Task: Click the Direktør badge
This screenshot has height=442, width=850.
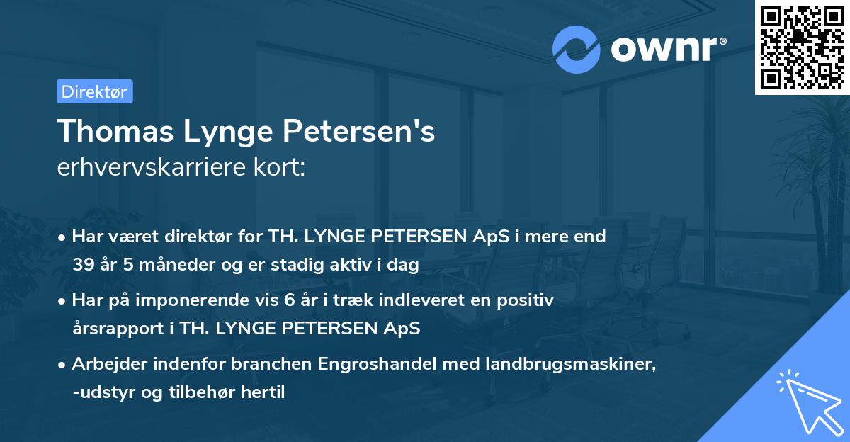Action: [x=94, y=91]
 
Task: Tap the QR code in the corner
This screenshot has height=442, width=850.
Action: [x=802, y=47]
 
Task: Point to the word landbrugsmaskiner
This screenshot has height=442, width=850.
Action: [x=540, y=364]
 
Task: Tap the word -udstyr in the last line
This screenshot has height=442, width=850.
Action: [x=98, y=392]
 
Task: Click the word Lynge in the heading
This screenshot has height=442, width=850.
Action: [x=222, y=132]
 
